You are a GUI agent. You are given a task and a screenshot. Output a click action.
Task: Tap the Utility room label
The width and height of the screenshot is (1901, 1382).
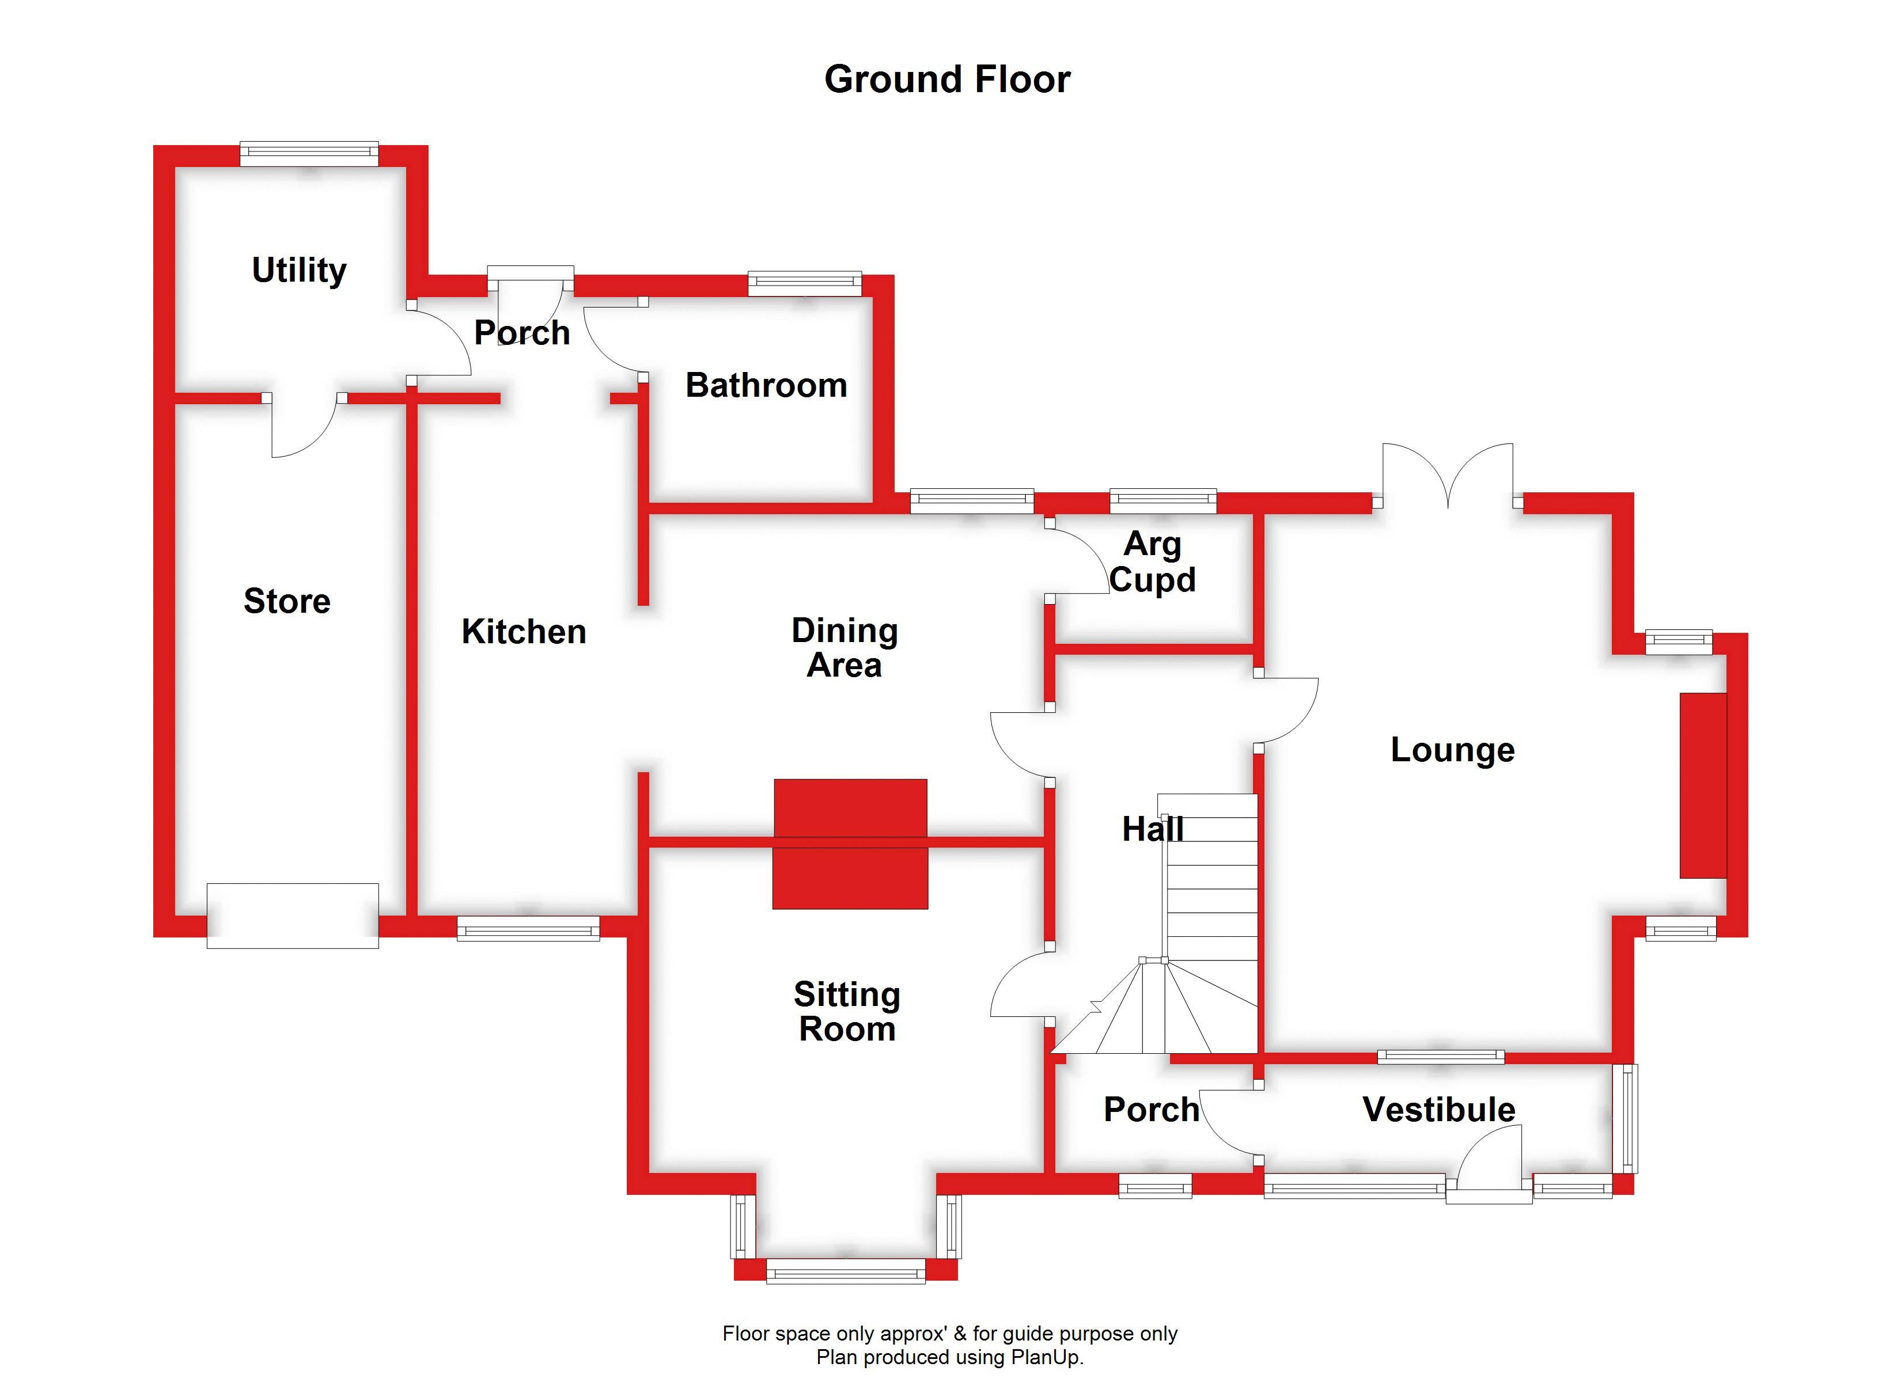coord(299,270)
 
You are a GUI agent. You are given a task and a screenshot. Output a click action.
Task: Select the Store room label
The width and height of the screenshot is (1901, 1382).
coord(287,601)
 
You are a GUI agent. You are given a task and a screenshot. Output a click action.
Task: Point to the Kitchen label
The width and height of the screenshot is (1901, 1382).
coord(524,631)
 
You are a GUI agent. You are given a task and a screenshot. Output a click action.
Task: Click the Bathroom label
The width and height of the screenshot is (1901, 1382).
coord(766,385)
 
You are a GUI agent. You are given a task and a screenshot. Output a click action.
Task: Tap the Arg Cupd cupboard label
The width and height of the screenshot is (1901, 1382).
coord(1153,561)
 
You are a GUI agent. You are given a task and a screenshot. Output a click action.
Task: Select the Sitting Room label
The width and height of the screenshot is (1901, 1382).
coord(847,1012)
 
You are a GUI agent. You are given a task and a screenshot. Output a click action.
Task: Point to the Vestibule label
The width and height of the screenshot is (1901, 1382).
coord(1438,1110)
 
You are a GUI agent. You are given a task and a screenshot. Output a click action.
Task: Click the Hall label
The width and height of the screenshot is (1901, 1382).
coord(1153,830)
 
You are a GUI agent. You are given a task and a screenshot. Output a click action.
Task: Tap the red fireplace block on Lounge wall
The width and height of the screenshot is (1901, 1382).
coord(1702,785)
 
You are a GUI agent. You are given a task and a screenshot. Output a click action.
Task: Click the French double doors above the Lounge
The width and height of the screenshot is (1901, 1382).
coord(1448,478)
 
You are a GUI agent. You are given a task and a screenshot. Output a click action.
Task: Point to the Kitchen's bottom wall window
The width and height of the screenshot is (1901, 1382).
coord(528,929)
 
